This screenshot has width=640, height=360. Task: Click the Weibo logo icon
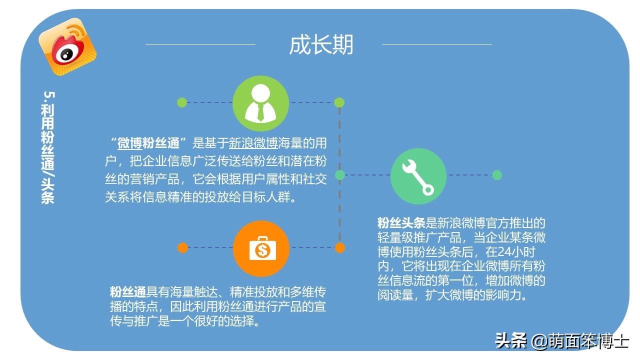point(67,46)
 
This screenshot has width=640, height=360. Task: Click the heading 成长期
point(321,44)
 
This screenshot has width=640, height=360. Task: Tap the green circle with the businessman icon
point(260,103)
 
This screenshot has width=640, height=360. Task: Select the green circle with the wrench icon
point(418,176)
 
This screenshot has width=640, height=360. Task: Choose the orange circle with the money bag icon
point(261,248)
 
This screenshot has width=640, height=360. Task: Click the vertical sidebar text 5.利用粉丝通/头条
point(48,147)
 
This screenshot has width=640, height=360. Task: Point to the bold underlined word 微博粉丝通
point(148,143)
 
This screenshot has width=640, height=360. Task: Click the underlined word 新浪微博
point(253,143)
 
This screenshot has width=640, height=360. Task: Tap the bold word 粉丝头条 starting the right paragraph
point(401,223)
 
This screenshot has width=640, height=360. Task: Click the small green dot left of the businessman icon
point(182,102)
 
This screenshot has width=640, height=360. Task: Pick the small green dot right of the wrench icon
point(496,175)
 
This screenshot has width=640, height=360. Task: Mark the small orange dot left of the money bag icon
point(182,247)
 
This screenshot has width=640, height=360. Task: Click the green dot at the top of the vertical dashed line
point(339,102)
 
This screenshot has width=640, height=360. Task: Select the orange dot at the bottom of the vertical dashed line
point(340,247)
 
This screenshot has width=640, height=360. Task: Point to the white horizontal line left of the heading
point(200,44)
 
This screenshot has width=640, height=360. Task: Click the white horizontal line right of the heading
point(436,44)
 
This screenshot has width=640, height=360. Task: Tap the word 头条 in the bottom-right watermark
point(510,341)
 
